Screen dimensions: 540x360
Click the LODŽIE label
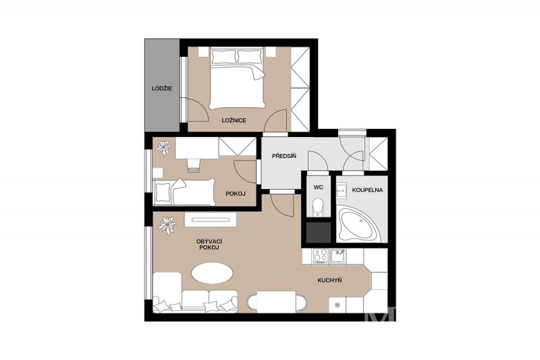[162, 88]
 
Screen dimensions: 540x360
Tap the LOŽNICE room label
[234, 121]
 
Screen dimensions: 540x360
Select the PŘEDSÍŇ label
[284, 156]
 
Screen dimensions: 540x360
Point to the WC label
[318, 187]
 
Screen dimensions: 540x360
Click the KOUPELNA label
[367, 190]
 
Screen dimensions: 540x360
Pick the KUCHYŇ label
[329, 280]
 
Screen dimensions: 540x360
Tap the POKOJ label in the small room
[236, 194]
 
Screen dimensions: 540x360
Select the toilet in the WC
[318, 207]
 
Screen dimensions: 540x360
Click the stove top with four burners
[320, 256]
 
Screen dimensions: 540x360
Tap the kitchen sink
[338, 256]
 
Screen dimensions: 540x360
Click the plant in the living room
[167, 226]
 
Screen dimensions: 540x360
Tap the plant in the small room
[163, 147]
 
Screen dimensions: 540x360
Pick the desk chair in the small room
[194, 165]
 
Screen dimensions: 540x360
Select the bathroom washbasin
[342, 190]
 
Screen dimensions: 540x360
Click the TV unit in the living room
[211, 220]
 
